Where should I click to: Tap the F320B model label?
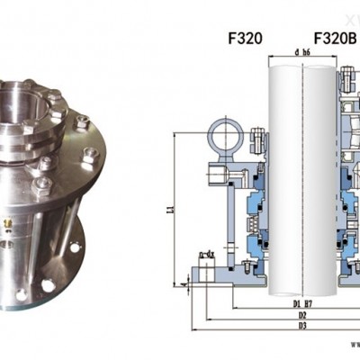[333, 39]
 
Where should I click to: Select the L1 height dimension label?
[172, 209]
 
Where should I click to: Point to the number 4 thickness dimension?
[183, 284]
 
